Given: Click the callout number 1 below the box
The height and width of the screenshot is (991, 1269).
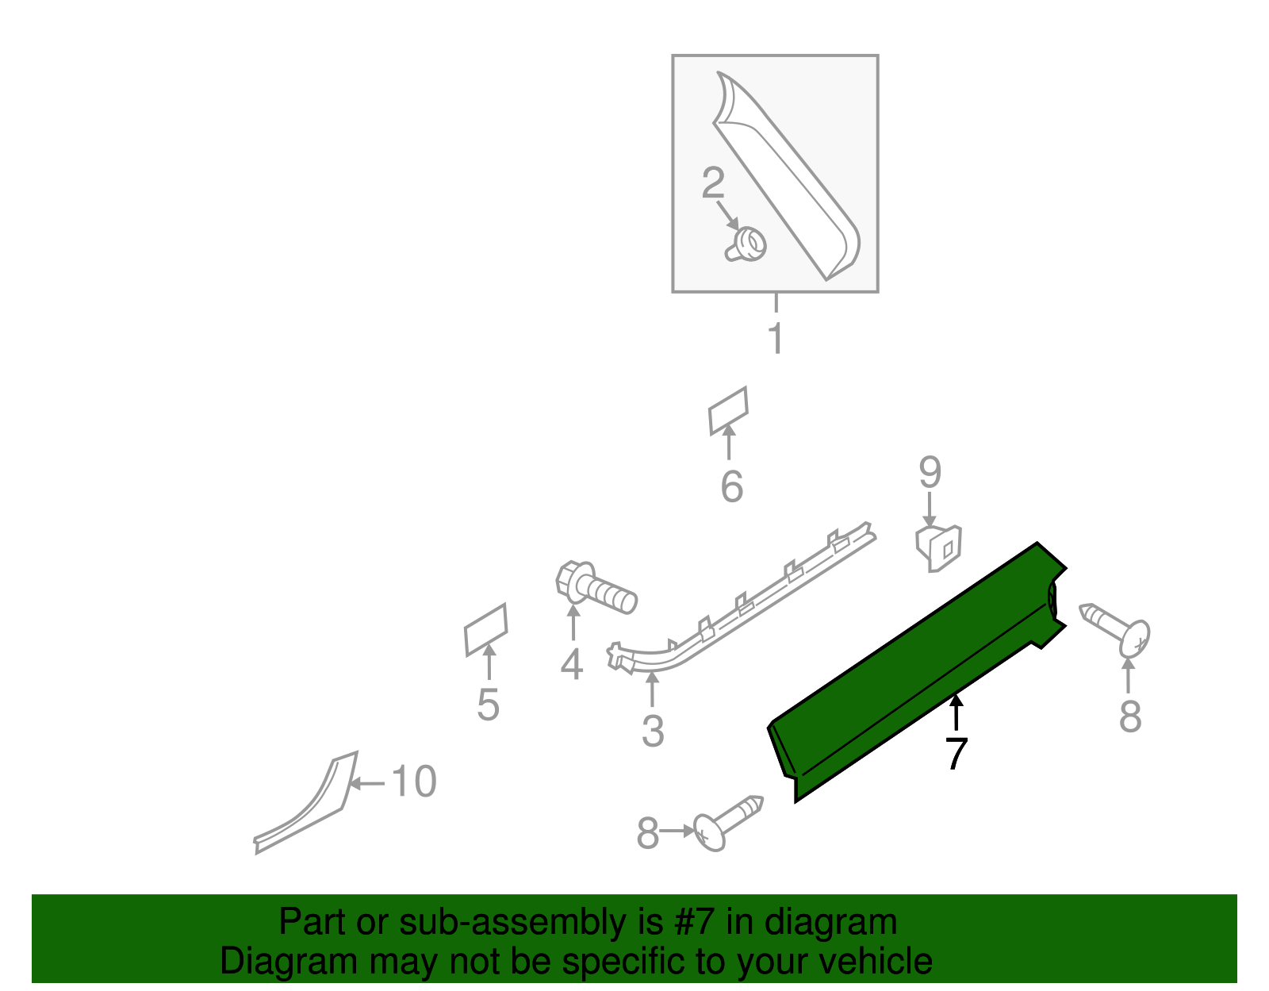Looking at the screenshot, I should (776, 339).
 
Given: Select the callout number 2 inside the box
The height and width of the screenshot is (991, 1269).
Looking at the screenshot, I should (713, 183).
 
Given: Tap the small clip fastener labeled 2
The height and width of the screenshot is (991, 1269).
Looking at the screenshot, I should (746, 244).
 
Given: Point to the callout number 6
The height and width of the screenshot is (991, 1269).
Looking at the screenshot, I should (731, 486).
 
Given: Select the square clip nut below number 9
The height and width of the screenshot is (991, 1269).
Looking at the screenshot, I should (939, 546).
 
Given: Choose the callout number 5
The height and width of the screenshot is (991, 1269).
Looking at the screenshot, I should (488, 705).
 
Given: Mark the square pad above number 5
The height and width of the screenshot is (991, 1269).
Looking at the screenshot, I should (485, 630).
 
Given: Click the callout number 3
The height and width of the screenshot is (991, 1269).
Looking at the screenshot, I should (652, 731).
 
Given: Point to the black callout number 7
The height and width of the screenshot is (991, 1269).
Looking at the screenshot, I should (956, 753).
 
